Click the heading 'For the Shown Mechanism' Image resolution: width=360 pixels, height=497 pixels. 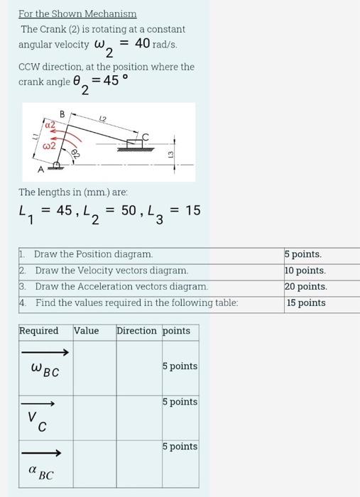click(77, 14)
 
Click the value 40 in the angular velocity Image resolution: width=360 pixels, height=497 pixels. click(142, 43)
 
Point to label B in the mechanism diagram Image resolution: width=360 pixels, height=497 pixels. click(62, 114)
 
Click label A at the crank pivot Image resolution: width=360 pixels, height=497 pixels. click(40, 170)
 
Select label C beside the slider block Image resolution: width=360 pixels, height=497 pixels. click(146, 136)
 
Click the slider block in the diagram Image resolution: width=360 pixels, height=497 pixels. click(133, 144)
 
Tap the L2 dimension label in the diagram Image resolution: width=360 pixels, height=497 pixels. click(103, 119)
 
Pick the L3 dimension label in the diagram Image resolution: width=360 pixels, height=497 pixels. click(170, 154)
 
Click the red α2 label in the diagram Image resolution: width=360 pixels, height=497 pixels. click(50, 125)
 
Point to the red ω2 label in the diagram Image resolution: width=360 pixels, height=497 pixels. click(48, 146)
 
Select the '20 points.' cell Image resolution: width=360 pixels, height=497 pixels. click(306, 287)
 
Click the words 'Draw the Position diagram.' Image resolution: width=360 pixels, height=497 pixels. click(94, 254)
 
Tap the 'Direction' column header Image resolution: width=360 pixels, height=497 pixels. click(136, 331)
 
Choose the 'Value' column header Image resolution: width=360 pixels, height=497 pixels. click(87, 331)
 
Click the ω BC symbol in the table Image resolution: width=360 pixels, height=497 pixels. click(45, 369)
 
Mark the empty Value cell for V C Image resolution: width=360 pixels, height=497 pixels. click(94, 417)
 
